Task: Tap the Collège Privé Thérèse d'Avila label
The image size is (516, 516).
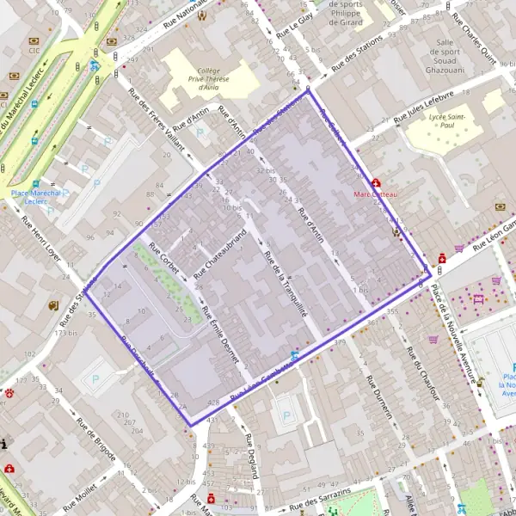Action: (x=209, y=78)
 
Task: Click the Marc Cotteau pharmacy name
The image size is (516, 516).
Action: (x=377, y=194)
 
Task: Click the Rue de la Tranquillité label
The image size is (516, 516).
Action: (x=284, y=285)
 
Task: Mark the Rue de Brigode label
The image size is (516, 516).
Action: (x=95, y=439)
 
